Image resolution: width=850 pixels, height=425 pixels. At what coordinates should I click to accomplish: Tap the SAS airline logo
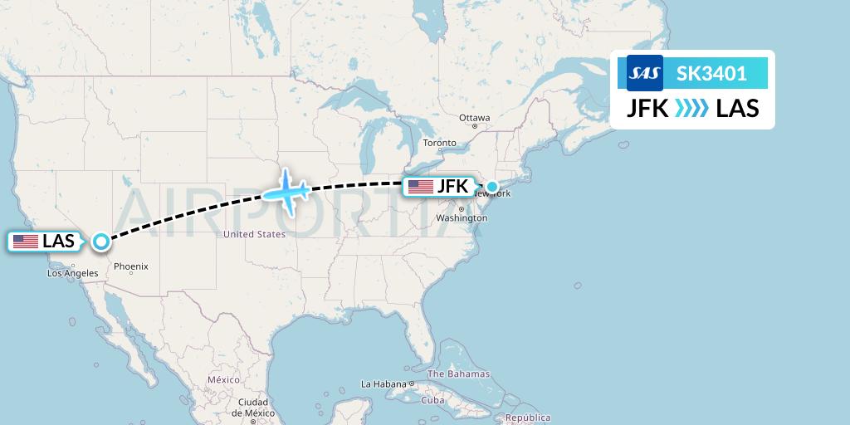(x=645, y=74)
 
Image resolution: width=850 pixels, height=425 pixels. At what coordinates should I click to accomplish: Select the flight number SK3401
(x=711, y=74)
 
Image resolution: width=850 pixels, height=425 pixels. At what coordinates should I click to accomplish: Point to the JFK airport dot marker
(x=491, y=188)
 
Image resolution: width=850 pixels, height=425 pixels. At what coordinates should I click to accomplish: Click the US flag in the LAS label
(x=26, y=242)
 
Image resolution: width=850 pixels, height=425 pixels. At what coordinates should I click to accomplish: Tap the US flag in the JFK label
(x=421, y=187)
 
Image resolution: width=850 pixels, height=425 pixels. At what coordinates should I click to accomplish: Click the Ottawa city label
(x=475, y=118)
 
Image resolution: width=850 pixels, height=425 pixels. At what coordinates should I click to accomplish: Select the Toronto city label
(x=440, y=143)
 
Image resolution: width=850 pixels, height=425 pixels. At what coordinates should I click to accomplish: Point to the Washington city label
(x=462, y=218)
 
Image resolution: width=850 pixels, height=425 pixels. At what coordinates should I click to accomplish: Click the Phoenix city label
(x=131, y=266)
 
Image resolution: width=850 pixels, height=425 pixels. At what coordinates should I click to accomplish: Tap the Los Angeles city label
(x=73, y=273)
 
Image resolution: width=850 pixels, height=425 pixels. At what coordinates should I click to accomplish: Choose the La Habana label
(x=383, y=384)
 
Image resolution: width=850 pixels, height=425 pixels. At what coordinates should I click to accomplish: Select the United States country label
(x=254, y=235)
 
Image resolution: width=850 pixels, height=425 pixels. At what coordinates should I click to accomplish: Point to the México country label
(x=223, y=379)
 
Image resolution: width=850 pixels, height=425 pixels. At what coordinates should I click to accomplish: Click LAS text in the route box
(x=737, y=109)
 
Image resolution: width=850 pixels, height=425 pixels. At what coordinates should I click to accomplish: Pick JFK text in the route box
(x=648, y=109)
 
